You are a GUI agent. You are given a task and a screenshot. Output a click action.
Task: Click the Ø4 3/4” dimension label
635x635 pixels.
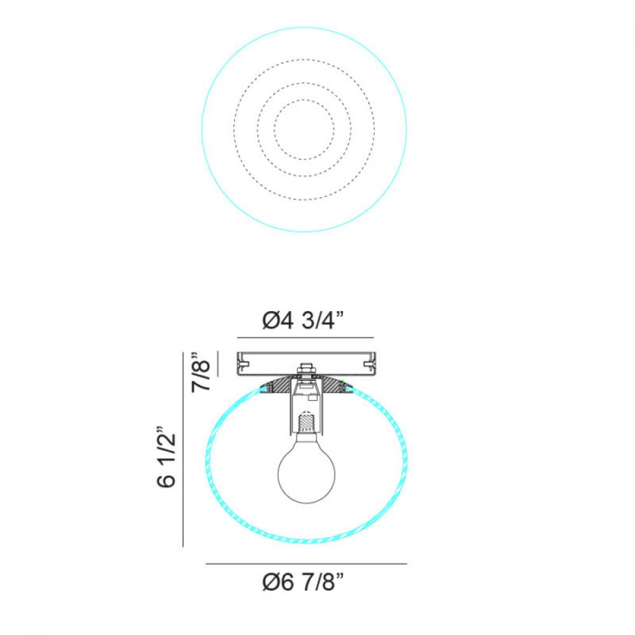tap(303, 321)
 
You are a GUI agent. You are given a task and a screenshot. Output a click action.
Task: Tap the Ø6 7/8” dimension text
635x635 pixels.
tap(303, 582)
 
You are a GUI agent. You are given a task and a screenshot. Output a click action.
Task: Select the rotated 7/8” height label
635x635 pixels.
tap(201, 371)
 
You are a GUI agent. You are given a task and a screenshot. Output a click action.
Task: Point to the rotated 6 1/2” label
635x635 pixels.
tap(166, 457)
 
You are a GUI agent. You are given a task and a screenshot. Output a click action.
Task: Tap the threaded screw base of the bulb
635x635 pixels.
tap(307, 422)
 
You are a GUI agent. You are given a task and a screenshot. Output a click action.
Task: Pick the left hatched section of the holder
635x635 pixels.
tap(276, 387)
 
